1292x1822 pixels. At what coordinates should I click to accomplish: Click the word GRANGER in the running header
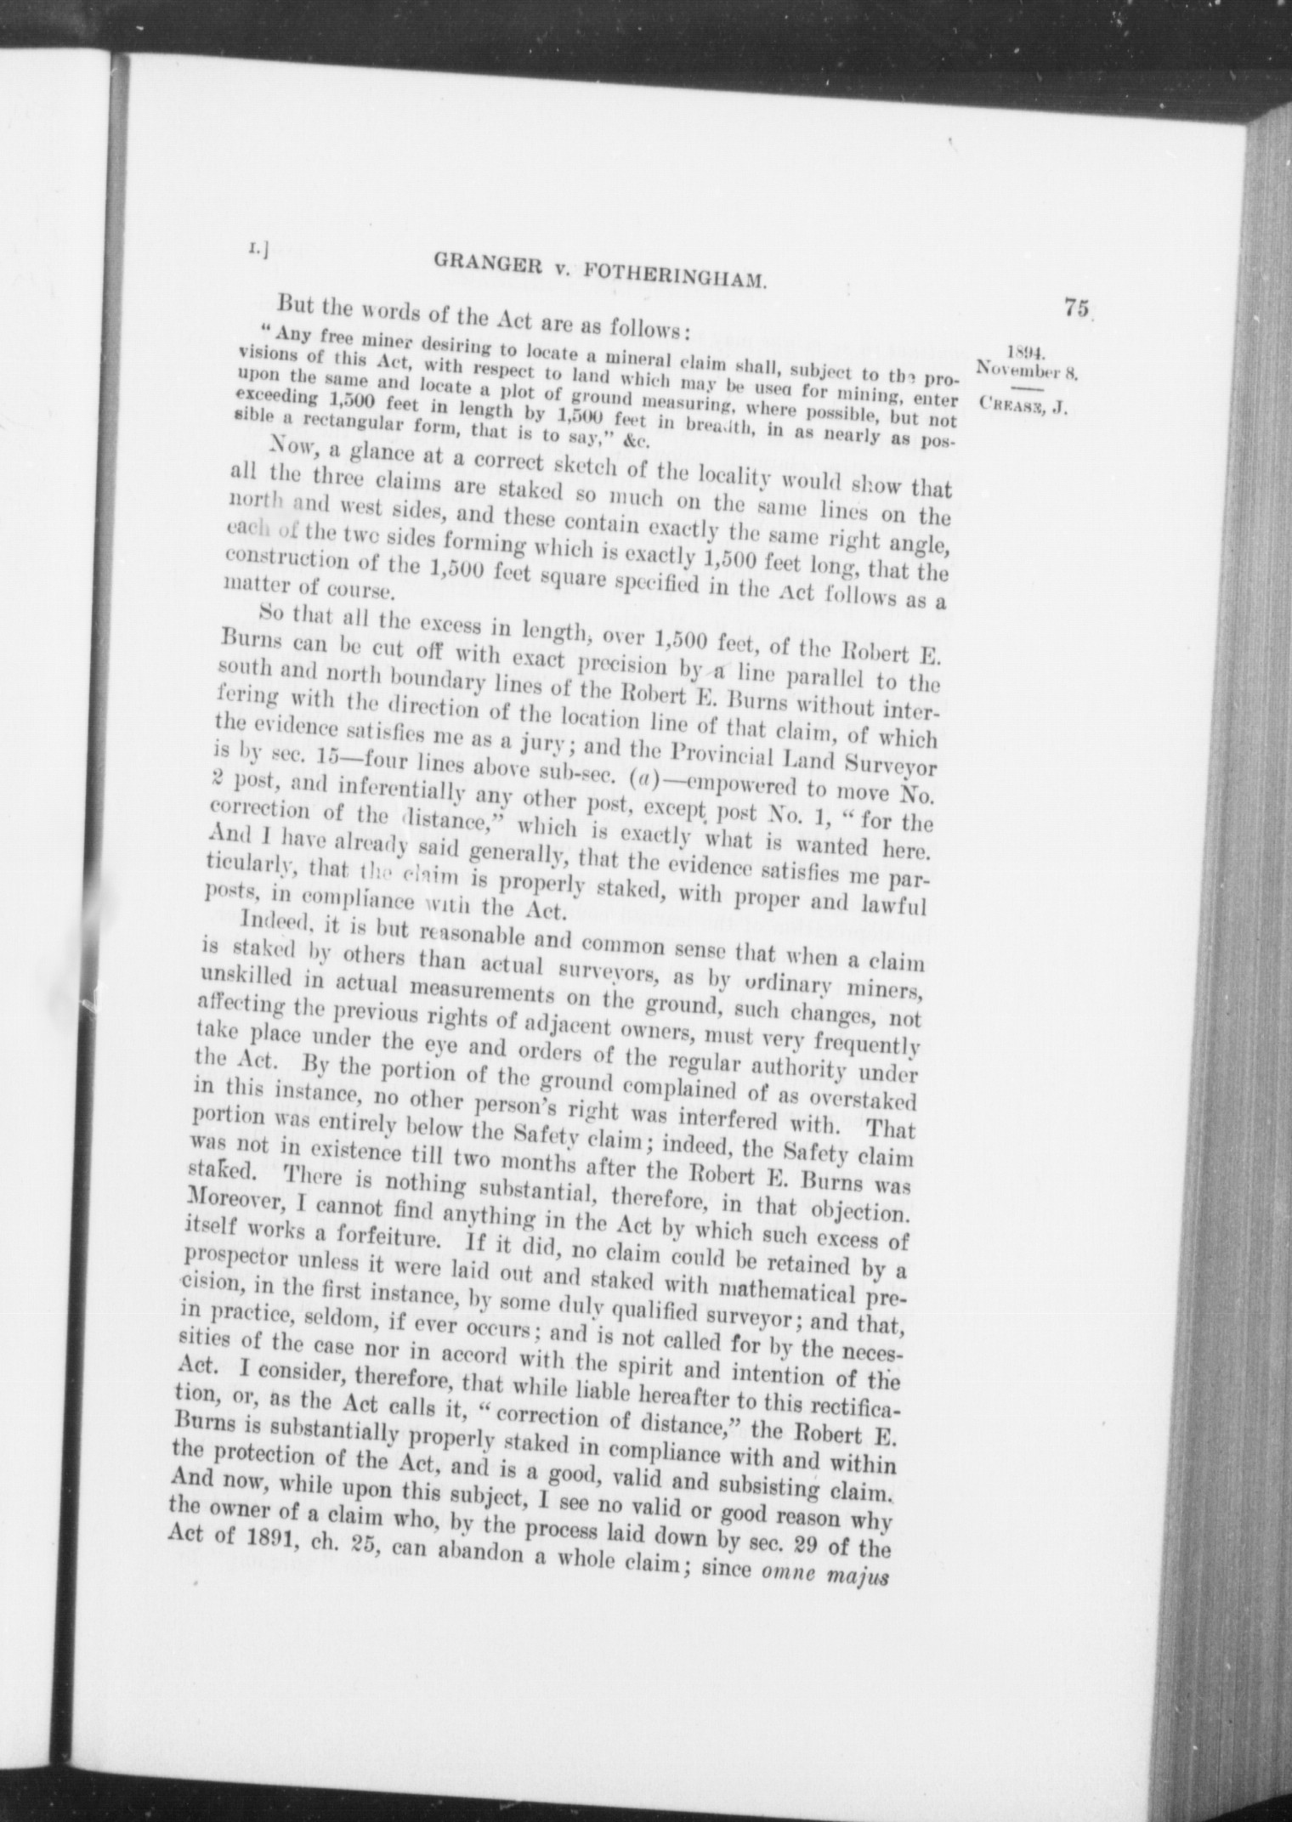pyautogui.click(x=484, y=265)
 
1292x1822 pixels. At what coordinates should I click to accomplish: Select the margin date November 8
pyautogui.click(x=1027, y=371)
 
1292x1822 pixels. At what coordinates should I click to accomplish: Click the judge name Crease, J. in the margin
pyautogui.click(x=1023, y=406)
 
